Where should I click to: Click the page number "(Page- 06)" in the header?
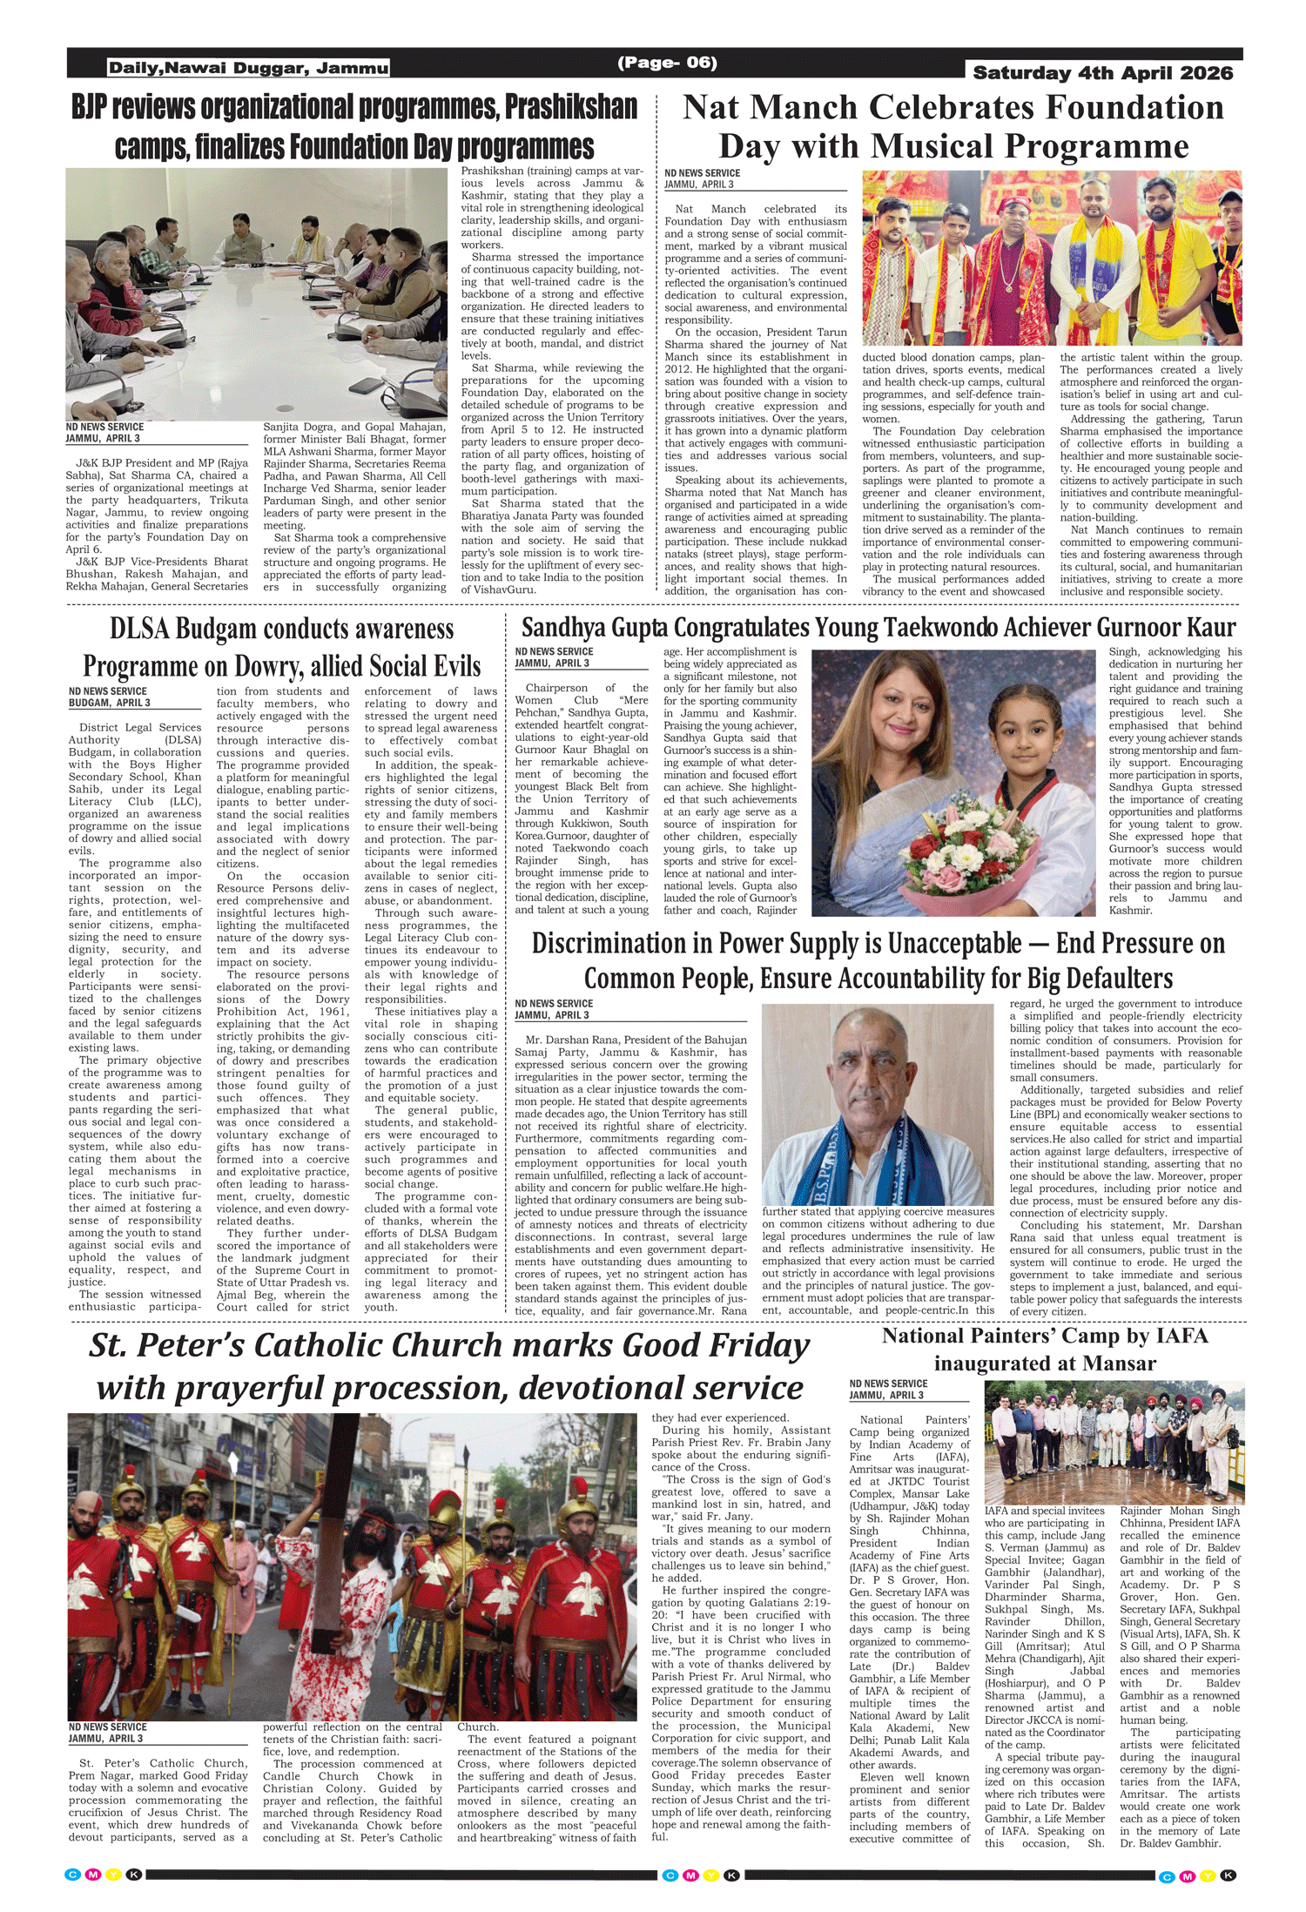click(667, 63)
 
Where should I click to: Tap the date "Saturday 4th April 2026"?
click(1102, 73)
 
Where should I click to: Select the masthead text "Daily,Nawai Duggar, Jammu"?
click(248, 68)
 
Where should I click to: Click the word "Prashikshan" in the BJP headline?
click(571, 107)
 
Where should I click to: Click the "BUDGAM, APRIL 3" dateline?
click(110, 703)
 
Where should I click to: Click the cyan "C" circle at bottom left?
click(73, 1875)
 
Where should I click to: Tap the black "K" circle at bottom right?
click(1228, 1875)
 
